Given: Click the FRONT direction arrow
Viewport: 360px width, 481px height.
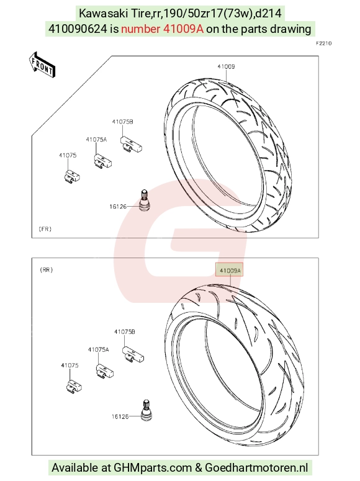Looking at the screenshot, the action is pyautogui.click(x=42, y=65).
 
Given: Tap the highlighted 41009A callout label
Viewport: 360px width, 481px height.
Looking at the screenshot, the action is pyautogui.click(x=229, y=269).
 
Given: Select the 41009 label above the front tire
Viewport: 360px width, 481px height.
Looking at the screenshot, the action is pyautogui.click(x=226, y=66).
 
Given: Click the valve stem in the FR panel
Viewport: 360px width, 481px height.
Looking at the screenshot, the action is pyautogui.click(x=143, y=200).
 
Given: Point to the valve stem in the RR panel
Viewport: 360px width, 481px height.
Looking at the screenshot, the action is pyautogui.click(x=146, y=410).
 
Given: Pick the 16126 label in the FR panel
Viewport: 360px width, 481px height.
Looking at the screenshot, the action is pyautogui.click(x=118, y=207).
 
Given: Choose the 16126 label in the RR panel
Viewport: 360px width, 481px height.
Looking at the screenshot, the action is pyautogui.click(x=120, y=416).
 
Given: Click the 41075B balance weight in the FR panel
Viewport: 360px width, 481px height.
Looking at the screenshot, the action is pyautogui.click(x=131, y=145).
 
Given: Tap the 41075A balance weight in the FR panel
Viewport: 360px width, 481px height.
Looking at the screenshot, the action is pyautogui.click(x=103, y=161).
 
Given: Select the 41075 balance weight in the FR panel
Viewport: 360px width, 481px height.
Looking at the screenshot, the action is pyautogui.click(x=72, y=177).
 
